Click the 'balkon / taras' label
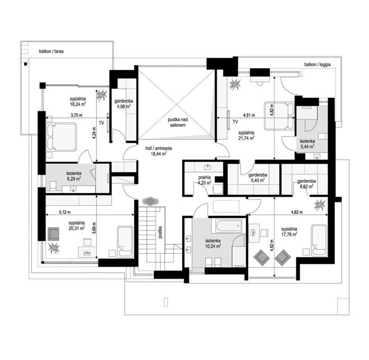coord(51,51)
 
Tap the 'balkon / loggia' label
coord(317,64)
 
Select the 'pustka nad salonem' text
coord(178,122)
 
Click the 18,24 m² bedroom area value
coord(77,104)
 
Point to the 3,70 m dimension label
coord(77,115)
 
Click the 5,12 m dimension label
coord(64,212)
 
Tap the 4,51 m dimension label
coord(249,115)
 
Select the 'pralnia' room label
coord(204,177)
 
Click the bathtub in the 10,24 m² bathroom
coord(228,226)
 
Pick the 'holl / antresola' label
coord(159,149)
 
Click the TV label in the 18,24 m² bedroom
coord(101,123)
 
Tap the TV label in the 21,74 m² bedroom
coord(235,122)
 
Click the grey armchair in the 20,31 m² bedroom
coord(54,234)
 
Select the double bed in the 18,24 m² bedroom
coord(61,137)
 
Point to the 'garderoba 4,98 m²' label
coord(124,103)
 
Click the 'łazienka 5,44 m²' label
coord(307,144)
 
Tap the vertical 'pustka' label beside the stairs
coord(160,232)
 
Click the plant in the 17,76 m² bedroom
coord(320,204)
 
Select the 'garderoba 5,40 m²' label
coord(258,178)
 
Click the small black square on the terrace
coord(25,64)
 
